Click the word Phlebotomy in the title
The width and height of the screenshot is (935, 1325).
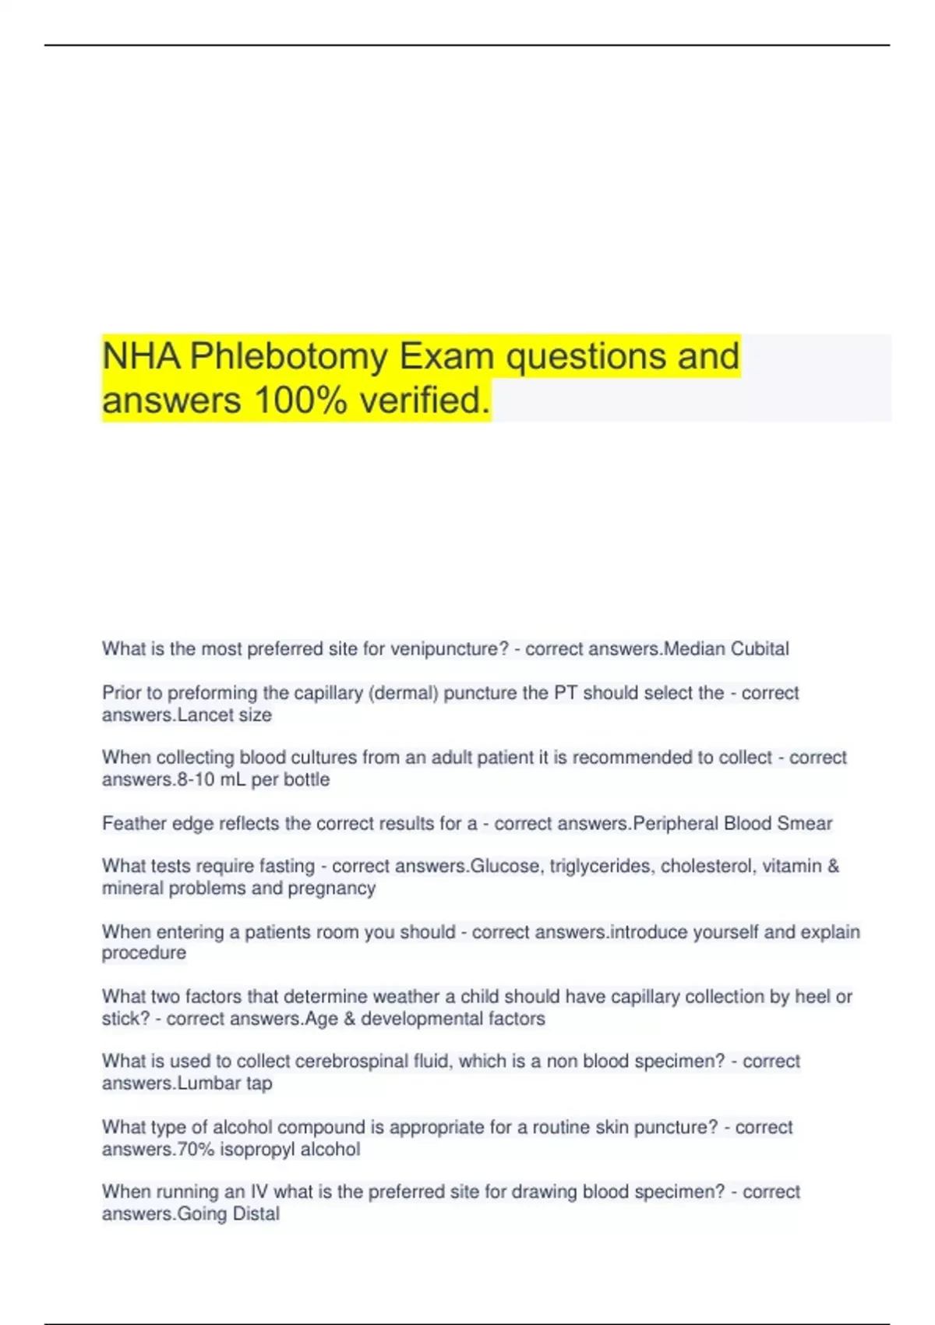coord(288,357)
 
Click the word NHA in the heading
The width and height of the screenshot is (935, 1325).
coord(141,357)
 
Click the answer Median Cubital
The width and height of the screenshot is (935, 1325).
coord(725,649)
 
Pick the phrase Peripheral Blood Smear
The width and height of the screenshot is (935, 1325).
coord(732,824)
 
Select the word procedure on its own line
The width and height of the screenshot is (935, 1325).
coord(144,953)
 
